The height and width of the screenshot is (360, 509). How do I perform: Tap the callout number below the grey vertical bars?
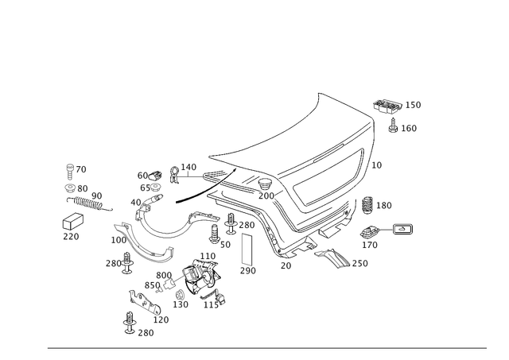pyautogui.click(x=248, y=271)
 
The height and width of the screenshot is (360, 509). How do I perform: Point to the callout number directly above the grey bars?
pyautogui.click(x=247, y=226)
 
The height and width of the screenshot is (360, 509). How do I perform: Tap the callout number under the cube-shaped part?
pyautogui.click(x=72, y=236)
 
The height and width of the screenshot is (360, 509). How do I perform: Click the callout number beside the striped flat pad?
pyautogui.click(x=363, y=263)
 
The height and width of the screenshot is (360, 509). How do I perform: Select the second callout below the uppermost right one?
pyautogui.click(x=379, y=165)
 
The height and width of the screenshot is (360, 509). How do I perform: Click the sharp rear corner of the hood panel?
pyautogui.click(x=319, y=95)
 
